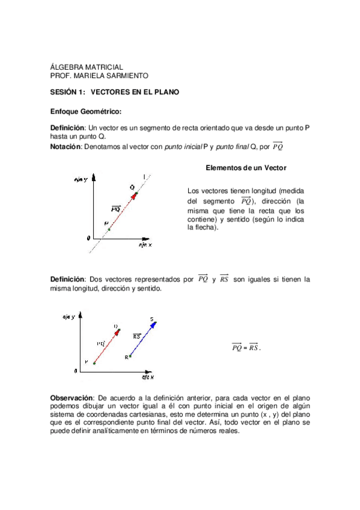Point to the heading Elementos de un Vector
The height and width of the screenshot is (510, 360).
coord(246,167)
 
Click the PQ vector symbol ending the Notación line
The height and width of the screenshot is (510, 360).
coord(278,146)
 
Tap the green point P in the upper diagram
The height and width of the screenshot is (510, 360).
coord(109,229)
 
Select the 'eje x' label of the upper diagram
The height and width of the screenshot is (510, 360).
coord(145,245)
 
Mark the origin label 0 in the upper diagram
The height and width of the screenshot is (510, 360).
coord(88,238)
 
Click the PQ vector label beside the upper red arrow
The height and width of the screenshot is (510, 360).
coord(116,209)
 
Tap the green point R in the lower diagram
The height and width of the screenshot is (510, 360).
coord(130,357)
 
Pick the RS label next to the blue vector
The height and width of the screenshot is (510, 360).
coord(137,336)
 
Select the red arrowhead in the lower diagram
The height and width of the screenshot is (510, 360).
coord(118,331)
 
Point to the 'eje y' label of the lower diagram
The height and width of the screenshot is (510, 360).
coord(69,316)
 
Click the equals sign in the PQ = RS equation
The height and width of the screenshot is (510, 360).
coord(245,348)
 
